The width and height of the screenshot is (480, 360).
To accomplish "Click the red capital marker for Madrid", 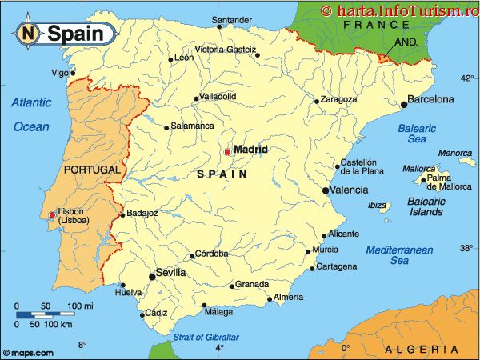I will [x=227, y=151].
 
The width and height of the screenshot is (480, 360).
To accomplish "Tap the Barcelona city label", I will [x=430, y=100].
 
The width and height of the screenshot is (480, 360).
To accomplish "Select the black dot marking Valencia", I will [x=326, y=190].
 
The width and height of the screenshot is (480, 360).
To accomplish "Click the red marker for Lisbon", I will [x=53, y=214].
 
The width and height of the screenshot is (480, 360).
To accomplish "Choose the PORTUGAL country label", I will [x=91, y=170].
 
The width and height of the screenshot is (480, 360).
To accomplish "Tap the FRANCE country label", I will [x=370, y=26].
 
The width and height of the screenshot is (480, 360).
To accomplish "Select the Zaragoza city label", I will [x=338, y=100].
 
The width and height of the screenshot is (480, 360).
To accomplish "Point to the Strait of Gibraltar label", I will [x=206, y=336].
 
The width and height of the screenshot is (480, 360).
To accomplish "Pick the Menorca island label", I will [x=454, y=153].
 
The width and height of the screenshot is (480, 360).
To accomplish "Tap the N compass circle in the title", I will [x=29, y=34].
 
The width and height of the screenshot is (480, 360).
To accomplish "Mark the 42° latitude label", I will [x=466, y=78].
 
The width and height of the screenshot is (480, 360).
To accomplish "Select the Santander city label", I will [x=232, y=19].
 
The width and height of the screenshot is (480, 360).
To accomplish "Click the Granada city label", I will [x=251, y=285].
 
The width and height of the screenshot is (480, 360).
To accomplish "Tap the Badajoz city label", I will [x=142, y=214].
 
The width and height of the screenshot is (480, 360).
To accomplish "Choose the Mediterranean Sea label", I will [x=399, y=255].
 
